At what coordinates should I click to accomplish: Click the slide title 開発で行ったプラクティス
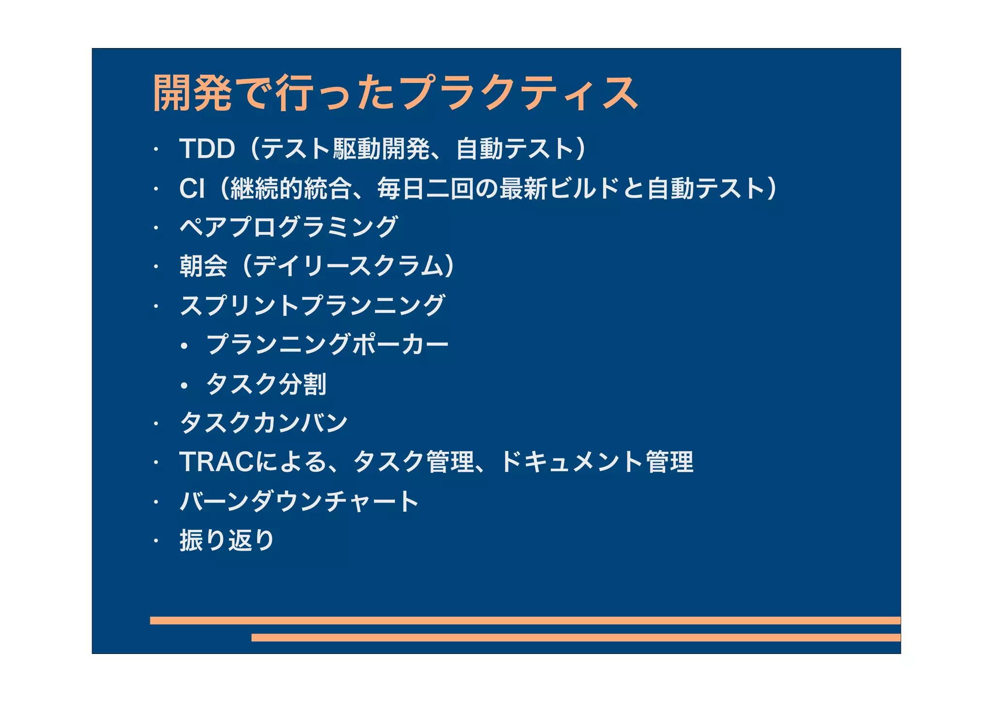tap(395, 93)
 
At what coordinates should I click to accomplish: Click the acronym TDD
tap(207, 148)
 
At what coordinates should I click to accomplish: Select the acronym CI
tap(192, 188)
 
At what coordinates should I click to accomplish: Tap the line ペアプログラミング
tap(288, 227)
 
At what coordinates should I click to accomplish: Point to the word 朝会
tap(203, 266)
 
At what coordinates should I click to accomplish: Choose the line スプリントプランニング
tap(312, 306)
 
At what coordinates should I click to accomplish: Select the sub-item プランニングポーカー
tap(327, 344)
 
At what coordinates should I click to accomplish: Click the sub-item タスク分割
tap(266, 384)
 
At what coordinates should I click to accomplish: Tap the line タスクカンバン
tap(264, 423)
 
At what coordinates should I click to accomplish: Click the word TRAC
tap(216, 462)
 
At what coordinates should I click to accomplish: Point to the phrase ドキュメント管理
tap(596, 462)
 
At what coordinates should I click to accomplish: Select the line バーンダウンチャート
tap(299, 501)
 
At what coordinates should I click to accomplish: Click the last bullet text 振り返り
tap(227, 540)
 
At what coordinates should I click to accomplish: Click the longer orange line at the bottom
tap(525, 620)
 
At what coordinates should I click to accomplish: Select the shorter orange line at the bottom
tap(576, 637)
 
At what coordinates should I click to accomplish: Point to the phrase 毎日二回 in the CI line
tap(426, 188)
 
